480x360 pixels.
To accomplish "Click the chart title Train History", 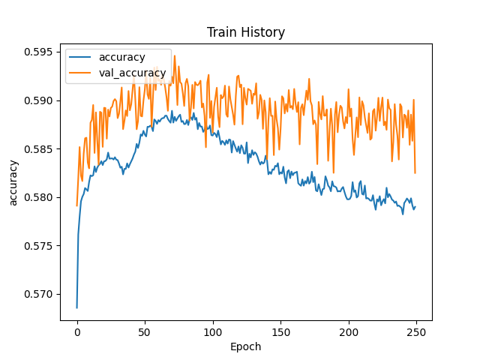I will (246, 32).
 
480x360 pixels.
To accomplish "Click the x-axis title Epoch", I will (246, 346).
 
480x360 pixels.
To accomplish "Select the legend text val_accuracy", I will (132, 72).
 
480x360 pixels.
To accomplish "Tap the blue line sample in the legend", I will (82, 57).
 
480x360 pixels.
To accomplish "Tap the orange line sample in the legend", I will (82, 72).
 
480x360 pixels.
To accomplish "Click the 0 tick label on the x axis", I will (77, 331).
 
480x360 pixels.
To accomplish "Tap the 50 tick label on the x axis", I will (145, 331).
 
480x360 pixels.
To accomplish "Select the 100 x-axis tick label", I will (213, 331).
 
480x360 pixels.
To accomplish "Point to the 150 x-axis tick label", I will (280, 331).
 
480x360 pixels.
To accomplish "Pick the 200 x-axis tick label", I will (349, 331).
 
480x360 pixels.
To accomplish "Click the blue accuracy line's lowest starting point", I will (77, 307).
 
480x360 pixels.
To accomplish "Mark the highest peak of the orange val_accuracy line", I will (174, 55).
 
